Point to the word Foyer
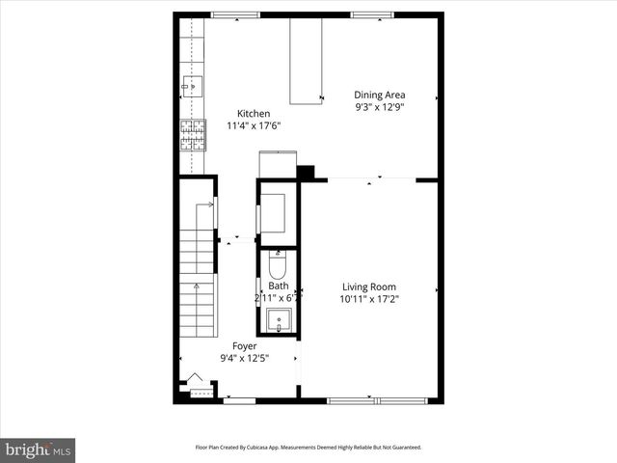pyautogui.click(x=245, y=345)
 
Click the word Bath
pyautogui.click(x=278, y=286)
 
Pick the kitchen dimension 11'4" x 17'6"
pyautogui.click(x=254, y=126)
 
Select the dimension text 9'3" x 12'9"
pyautogui.click(x=380, y=108)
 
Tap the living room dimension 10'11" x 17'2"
pyautogui.click(x=369, y=300)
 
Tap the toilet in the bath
pyautogui.click(x=278, y=263)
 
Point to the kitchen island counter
pyautogui.click(x=307, y=60)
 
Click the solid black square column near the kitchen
pyautogui.click(x=306, y=174)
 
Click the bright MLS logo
pyautogui.click(x=39, y=449)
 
